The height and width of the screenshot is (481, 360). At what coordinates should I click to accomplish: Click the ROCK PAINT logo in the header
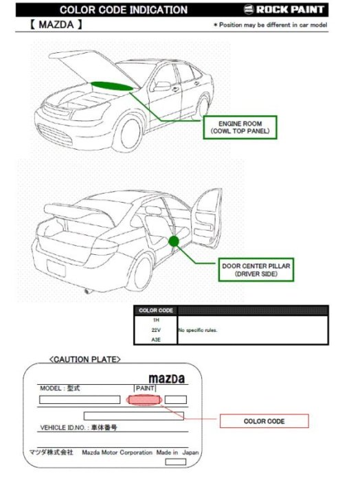coord(289,10)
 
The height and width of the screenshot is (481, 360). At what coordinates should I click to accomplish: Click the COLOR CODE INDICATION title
coord(124,10)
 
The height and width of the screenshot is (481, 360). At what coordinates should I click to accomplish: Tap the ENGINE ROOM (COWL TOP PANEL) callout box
coord(240,126)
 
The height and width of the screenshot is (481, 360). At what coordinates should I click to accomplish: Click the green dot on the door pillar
coord(174,240)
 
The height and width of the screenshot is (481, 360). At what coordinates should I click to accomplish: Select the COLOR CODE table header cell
coord(156,311)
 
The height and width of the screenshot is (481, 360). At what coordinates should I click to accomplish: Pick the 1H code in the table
coord(156,320)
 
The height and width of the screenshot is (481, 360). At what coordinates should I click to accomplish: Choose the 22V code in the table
coord(156,330)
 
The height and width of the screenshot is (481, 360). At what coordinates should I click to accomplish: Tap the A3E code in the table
coord(156,339)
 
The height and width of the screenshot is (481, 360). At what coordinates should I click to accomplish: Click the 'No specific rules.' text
coord(198,330)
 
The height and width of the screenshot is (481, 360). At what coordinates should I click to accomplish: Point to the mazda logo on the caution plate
coord(167,379)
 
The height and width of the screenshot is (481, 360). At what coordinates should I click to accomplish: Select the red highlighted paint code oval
coord(144,400)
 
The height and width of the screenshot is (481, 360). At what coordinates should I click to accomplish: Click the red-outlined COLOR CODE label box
coord(265,421)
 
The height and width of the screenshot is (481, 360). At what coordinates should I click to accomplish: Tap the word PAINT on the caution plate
coord(146,388)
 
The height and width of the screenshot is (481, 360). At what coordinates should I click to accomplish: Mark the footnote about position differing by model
coord(270,25)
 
